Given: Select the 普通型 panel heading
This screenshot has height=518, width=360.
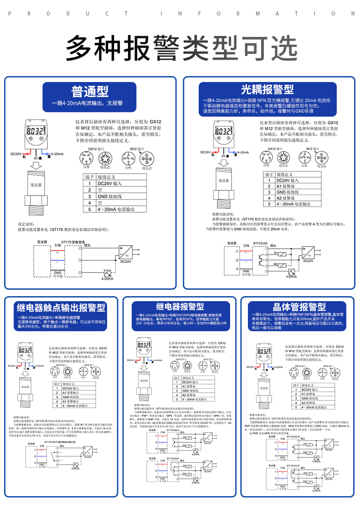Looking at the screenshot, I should pyautogui.click(x=90, y=91).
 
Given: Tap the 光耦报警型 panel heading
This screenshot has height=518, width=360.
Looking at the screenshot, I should pyautogui.click(x=267, y=89).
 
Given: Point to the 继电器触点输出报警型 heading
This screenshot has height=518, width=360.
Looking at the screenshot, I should pyautogui.click(x=61, y=307).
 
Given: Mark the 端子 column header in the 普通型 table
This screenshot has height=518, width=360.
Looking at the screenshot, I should pyautogui.click(x=90, y=177).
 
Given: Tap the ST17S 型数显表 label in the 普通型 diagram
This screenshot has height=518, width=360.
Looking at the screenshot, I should pyautogui.click(x=73, y=242).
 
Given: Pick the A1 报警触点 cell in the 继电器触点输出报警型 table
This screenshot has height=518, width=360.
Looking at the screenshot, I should pyautogui.click(x=72, y=401).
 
